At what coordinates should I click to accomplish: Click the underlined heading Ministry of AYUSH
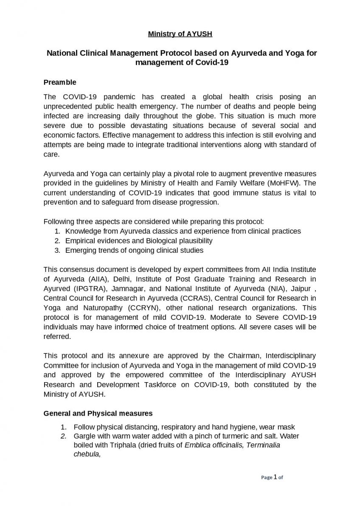[x=180, y=34]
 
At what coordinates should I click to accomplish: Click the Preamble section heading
[x=60, y=82]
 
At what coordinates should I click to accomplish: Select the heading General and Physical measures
[x=98, y=413]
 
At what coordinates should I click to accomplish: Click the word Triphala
[x=122, y=445]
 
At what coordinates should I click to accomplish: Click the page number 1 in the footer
[x=275, y=477]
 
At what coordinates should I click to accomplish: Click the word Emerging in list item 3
[x=81, y=250]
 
